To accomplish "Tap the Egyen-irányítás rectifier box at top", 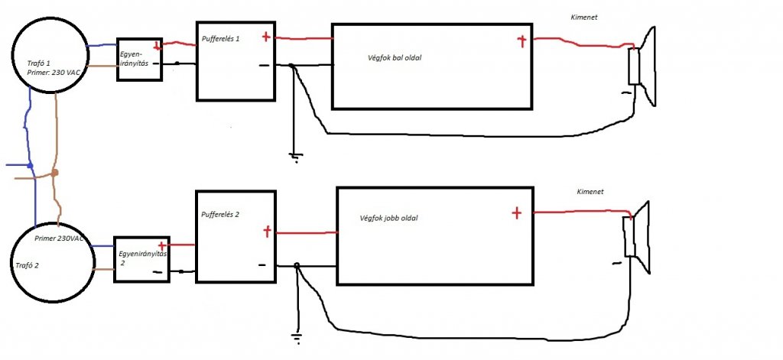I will [x=138, y=60].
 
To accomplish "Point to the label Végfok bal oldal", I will [x=395, y=59].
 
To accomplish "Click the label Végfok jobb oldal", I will [x=388, y=218].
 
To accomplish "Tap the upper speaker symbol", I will [x=641, y=66].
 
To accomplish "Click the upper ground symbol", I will [x=294, y=157].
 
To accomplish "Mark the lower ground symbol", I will [x=295, y=336].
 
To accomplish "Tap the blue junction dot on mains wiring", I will [x=30, y=165].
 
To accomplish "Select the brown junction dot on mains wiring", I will [x=55, y=174].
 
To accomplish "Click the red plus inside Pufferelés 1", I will [x=265, y=36].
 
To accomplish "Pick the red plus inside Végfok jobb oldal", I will [x=516, y=212].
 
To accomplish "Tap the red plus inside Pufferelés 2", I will [x=267, y=230].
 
